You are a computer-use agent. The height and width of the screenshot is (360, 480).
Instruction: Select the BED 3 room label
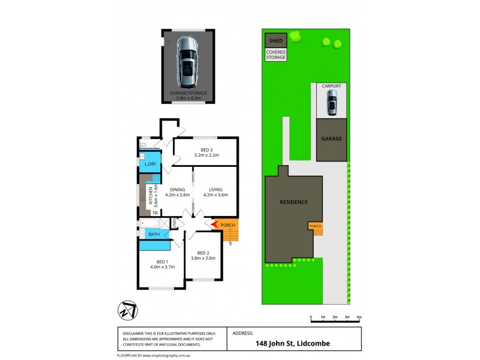point(205,152)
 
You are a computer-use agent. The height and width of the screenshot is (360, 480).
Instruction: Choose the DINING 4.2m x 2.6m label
point(176,191)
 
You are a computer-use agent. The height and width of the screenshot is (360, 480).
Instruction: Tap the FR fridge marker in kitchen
point(155,213)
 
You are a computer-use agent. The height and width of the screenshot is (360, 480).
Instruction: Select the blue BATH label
point(153,234)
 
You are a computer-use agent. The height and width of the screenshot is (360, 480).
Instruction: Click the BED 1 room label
point(162,264)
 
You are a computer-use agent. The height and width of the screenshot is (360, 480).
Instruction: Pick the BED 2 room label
point(203,255)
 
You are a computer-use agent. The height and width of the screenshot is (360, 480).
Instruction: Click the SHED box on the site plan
point(275,41)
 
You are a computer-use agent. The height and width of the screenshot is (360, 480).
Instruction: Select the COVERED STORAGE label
point(275,55)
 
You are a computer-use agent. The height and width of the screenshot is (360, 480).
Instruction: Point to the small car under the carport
point(331,106)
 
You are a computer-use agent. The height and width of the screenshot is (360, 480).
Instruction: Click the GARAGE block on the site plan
point(331,139)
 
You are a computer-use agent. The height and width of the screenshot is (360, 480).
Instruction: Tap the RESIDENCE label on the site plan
point(293,202)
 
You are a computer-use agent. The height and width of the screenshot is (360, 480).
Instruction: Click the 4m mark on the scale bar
point(359,317)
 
